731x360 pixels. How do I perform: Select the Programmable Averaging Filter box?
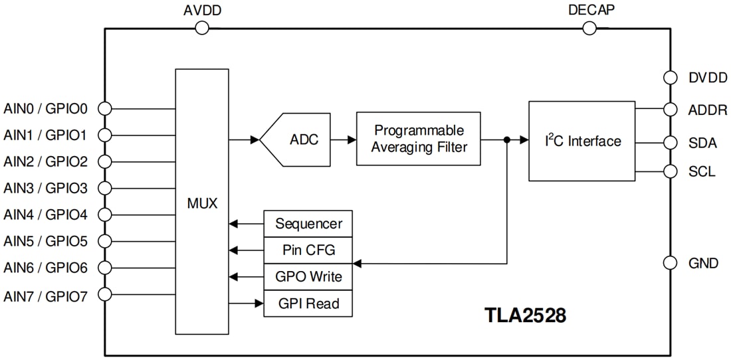(x=418, y=139)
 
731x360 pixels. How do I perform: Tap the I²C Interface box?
(x=581, y=141)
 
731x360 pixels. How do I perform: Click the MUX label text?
(x=202, y=203)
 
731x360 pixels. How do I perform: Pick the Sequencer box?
(x=308, y=224)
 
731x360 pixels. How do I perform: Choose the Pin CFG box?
(x=308, y=250)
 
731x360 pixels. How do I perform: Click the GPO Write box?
(x=308, y=277)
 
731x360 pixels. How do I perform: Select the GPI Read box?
(x=308, y=304)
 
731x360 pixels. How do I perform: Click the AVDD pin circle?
(x=202, y=28)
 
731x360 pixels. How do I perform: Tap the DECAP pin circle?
(x=589, y=28)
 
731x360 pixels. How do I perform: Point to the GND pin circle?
(x=671, y=263)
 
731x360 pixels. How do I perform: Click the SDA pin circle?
(x=671, y=142)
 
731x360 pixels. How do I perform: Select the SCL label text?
(x=702, y=172)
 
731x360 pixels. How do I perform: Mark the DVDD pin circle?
(x=671, y=78)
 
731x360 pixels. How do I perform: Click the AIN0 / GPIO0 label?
(x=46, y=108)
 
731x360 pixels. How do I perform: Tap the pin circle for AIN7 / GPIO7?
(x=104, y=294)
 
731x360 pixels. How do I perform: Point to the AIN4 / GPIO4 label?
(x=46, y=215)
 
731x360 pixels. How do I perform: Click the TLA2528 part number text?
(x=525, y=315)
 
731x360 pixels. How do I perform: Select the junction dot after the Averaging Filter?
(x=507, y=140)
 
